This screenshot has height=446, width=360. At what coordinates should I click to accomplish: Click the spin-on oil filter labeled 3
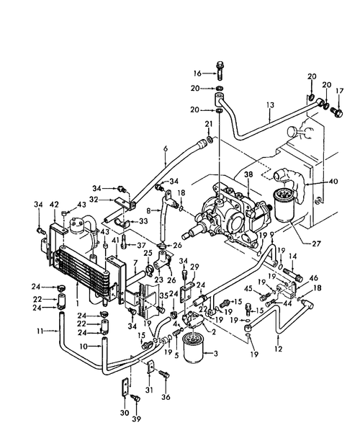[x=194, y=353]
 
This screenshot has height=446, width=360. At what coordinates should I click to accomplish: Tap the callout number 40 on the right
[x=334, y=182]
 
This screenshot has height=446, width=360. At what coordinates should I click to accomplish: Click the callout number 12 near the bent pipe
[x=279, y=349]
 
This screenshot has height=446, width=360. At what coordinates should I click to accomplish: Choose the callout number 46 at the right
[x=314, y=277]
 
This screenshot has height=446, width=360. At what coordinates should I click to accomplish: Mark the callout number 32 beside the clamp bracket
[x=93, y=199]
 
